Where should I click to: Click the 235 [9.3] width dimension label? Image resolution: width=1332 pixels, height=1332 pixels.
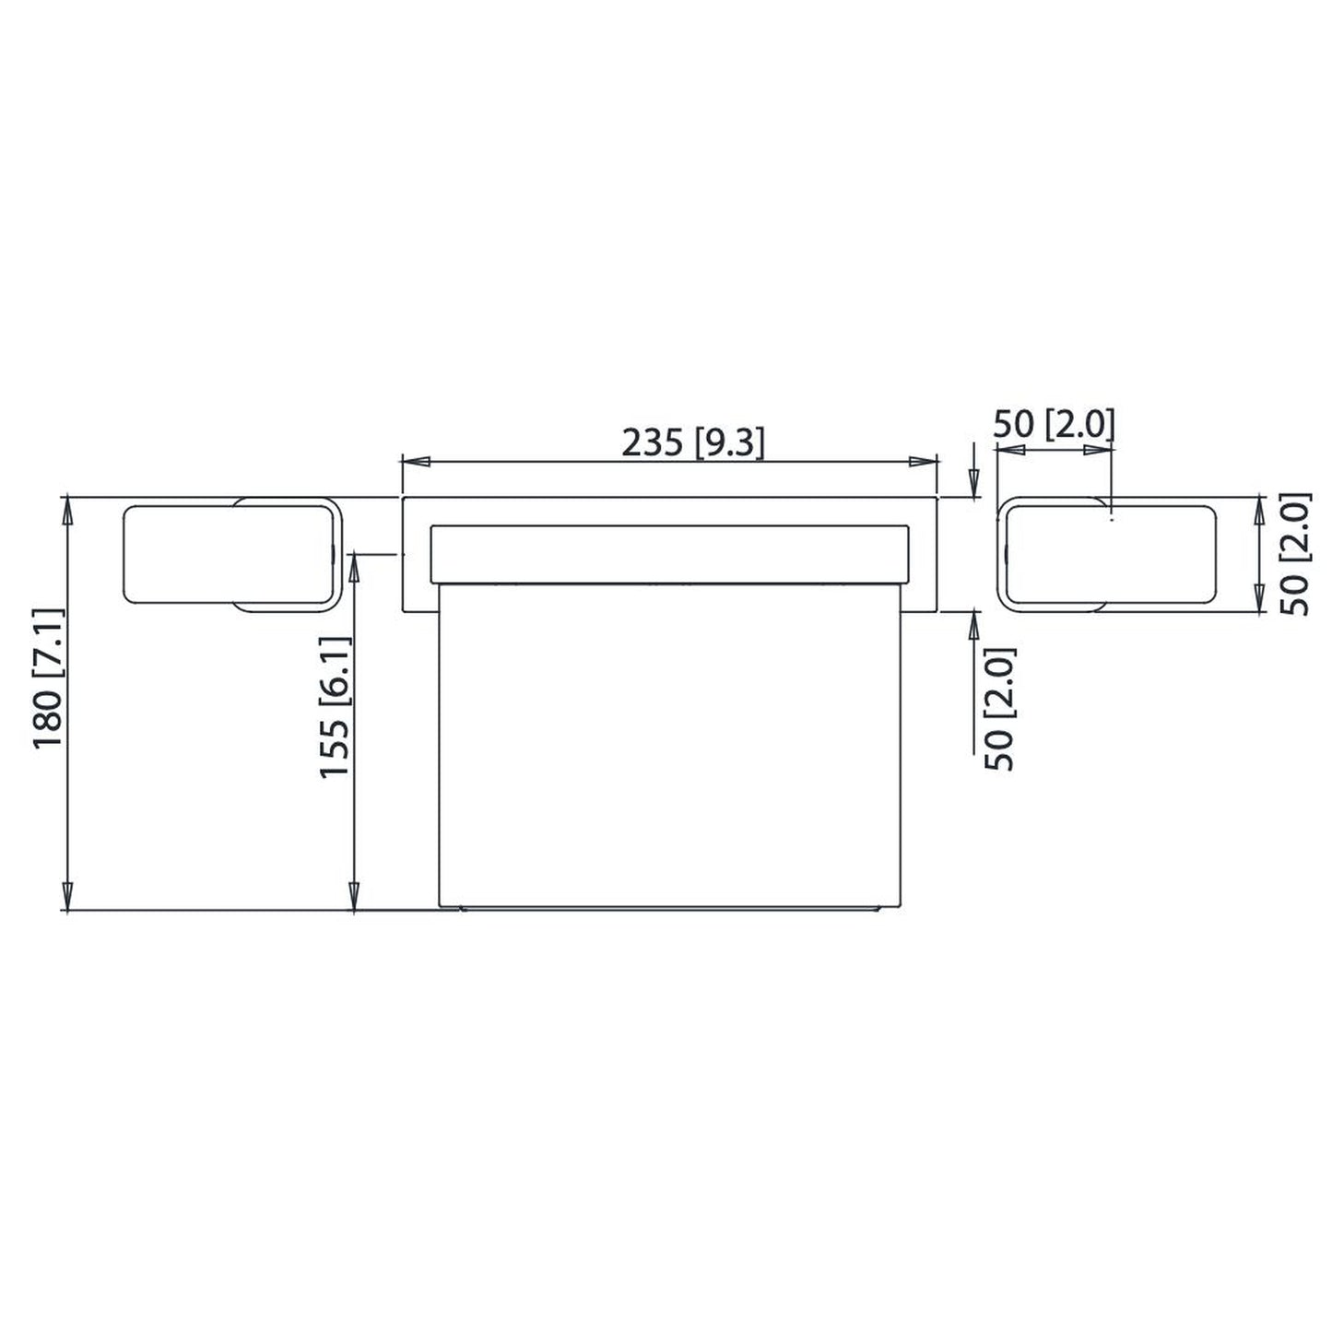point(693,443)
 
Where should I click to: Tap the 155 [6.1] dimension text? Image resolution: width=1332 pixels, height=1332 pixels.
point(336,706)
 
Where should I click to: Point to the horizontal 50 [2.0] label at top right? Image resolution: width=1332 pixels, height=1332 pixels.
point(1054,425)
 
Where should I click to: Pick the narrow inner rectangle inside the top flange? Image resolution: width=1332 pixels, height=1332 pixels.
point(670,554)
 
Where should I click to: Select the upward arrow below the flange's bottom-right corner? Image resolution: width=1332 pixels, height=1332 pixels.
point(972,626)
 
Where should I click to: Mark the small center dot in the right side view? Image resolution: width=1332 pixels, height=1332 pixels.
point(1113,520)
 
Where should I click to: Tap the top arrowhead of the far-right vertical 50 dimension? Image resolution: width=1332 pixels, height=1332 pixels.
point(1262,510)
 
